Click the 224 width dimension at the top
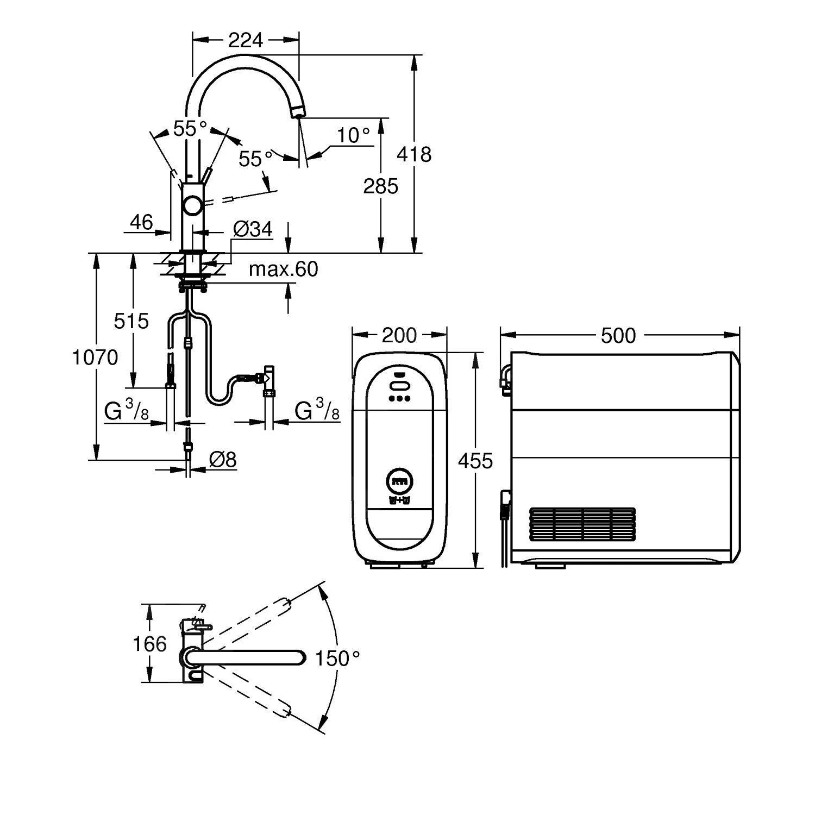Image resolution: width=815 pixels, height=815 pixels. coord(245,40)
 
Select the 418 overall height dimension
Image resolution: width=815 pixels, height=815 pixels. coord(414,154)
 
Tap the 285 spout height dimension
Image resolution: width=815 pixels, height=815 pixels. coord(380,186)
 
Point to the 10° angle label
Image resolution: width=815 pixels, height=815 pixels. coord(353,135)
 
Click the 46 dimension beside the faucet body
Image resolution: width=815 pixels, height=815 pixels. coord(141,222)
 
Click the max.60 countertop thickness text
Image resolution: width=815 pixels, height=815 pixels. coord(283,269)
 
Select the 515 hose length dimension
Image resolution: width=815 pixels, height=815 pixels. coord(131,321)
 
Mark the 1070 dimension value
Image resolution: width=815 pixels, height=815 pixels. coord(95,358)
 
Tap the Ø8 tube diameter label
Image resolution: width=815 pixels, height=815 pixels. coord(223,460)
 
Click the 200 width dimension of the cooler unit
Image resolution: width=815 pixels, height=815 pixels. coord(399,335)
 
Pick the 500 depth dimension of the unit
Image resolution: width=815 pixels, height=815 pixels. coord(618,336)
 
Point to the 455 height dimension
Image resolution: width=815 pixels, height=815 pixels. coord(475,461)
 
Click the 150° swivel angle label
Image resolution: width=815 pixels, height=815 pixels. coord(337,659)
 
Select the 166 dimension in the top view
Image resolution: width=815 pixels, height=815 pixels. coord(149,644)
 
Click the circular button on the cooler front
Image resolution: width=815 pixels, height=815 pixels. coord(399,480)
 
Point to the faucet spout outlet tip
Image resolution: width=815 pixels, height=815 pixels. coord(297,113)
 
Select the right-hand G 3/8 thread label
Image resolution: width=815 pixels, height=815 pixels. coord(317,411)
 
